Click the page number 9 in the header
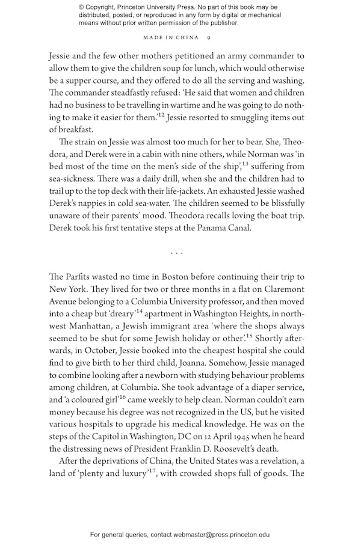coord(208,38)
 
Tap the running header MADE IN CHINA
coord(171,38)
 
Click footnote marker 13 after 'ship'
coord(245,163)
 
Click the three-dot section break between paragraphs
coord(176,253)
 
